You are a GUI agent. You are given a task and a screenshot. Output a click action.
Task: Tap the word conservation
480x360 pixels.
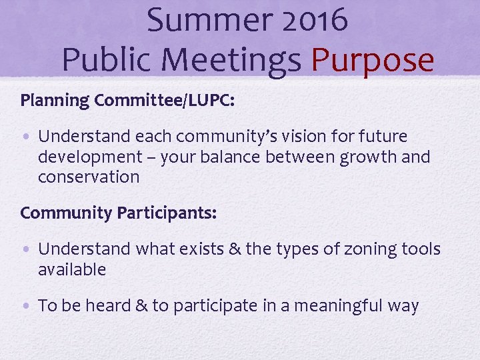(89, 177)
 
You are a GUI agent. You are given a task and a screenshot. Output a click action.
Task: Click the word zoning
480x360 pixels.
(365, 249)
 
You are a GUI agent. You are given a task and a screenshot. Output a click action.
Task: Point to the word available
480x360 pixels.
(72, 269)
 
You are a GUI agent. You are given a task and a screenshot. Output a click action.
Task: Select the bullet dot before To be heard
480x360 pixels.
(25, 307)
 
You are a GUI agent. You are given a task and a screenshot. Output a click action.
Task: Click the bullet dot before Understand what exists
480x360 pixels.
(25, 250)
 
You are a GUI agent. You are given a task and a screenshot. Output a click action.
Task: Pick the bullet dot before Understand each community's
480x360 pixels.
(25, 137)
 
